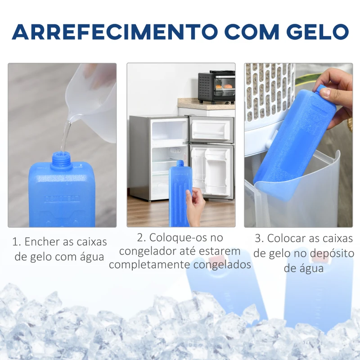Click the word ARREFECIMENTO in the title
(x=114, y=31)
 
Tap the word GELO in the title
(x=318, y=31)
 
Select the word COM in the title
(x=252, y=31)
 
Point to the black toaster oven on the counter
(x=216, y=86)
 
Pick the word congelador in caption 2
(x=148, y=252)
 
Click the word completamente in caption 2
(x=149, y=265)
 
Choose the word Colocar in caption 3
(x=286, y=238)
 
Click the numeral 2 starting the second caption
(x=140, y=238)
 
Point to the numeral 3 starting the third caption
(x=258, y=238)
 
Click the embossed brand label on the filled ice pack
(x=62, y=198)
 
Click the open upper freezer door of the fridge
(x=211, y=130)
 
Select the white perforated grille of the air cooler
(x=269, y=92)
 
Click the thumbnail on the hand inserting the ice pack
(x=325, y=93)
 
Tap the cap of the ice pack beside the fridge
(x=180, y=163)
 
